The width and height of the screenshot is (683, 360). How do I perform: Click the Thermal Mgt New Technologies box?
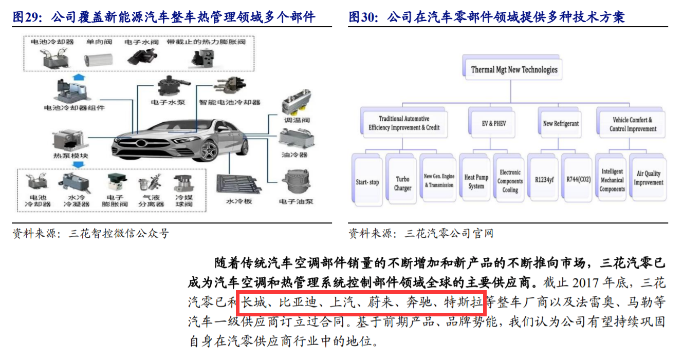pos(514,69)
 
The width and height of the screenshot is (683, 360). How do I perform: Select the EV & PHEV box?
pos(494,123)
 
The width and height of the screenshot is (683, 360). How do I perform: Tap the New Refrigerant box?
pos(561,123)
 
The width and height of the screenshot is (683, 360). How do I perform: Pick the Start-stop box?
pos(367,182)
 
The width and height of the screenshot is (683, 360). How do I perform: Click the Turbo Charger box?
pos(402,183)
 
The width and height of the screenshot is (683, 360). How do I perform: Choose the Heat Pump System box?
pos(476,181)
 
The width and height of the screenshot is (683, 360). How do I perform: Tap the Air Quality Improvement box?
pos(648,178)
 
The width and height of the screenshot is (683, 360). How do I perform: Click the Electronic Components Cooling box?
pos(510,181)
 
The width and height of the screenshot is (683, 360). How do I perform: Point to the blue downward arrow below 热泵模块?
pos(79,165)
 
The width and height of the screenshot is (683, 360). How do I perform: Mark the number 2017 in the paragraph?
pos(587,283)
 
